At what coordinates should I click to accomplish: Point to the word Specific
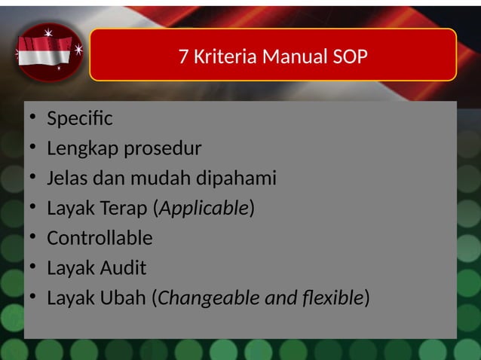79,119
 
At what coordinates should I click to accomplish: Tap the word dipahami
236,178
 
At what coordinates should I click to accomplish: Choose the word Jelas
66,178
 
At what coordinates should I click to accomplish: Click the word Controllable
100,238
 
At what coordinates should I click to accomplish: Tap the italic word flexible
330,298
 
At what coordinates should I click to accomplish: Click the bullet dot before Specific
31,120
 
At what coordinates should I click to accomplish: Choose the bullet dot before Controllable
31,239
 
